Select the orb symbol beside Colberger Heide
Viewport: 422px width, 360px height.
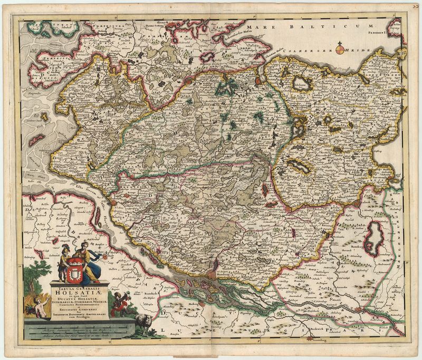(x=340, y=50)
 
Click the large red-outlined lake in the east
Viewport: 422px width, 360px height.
(x=375, y=232)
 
